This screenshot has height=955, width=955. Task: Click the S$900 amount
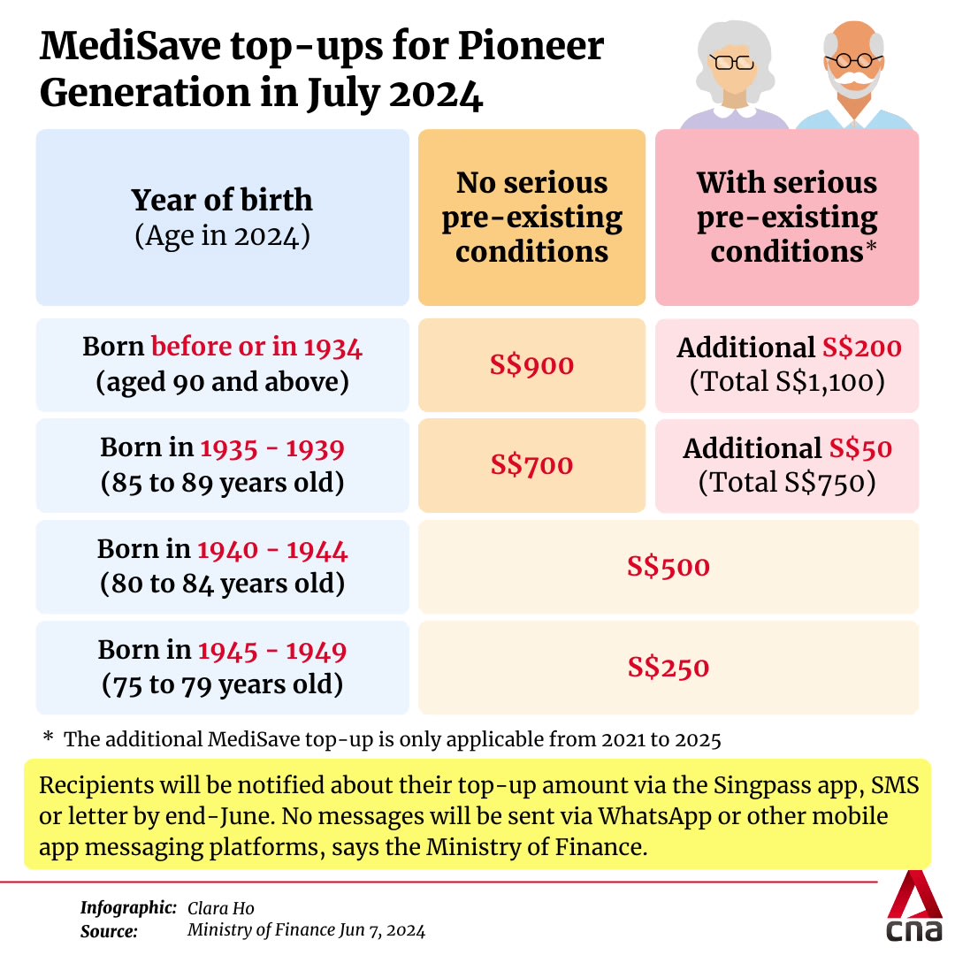(531, 364)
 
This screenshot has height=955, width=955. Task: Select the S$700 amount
(531, 465)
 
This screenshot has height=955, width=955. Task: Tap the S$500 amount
(668, 566)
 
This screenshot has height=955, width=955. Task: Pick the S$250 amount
(668, 667)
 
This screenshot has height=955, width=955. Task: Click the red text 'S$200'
(861, 348)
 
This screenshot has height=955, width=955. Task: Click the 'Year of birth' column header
(222, 200)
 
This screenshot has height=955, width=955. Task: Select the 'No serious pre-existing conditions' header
(531, 218)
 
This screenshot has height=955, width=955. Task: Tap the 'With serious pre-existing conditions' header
(786, 218)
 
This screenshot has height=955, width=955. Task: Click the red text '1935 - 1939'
(272, 448)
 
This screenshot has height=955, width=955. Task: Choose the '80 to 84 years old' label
(222, 584)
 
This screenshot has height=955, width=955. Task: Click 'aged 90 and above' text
(222, 383)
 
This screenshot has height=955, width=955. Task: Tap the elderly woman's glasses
(733, 62)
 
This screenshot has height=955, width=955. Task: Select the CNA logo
(914, 911)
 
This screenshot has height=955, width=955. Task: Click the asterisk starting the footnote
(48, 738)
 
